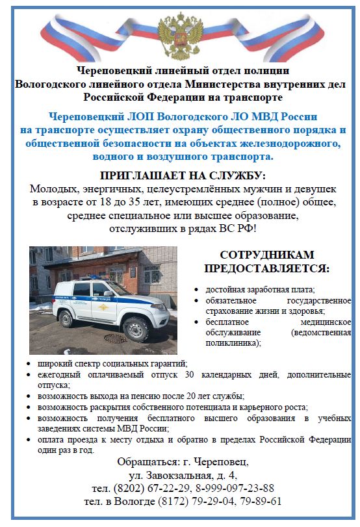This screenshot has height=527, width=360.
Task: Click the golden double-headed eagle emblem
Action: click(179, 38)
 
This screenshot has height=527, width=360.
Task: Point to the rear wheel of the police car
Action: click(66, 318)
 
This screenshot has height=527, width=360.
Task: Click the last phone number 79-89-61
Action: click(261, 501)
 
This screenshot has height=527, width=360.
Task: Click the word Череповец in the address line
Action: click(221, 462)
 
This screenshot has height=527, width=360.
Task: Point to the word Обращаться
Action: click(145, 462)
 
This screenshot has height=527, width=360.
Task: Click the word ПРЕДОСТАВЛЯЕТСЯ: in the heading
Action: click(266, 268)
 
